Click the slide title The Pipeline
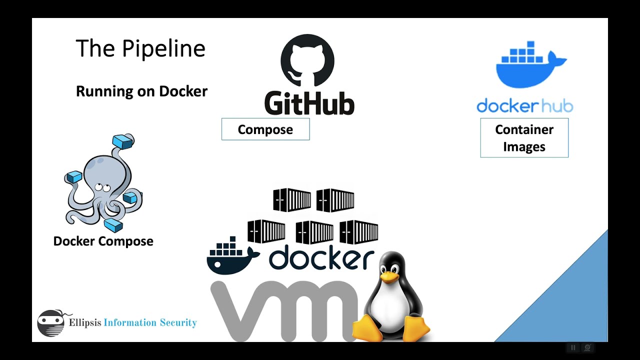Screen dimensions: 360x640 click(x=140, y=49)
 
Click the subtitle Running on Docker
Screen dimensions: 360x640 click(x=141, y=91)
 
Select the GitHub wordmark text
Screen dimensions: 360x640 click(x=309, y=103)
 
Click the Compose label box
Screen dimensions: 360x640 click(x=265, y=129)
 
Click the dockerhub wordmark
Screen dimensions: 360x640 click(x=524, y=106)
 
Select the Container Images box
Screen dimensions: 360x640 click(x=524, y=138)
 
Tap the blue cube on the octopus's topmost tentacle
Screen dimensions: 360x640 click(x=123, y=141)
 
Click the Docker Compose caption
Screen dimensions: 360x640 click(x=103, y=241)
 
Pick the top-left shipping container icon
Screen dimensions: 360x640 click(x=292, y=200)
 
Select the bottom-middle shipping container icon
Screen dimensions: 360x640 click(x=314, y=232)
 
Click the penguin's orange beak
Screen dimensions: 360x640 click(x=389, y=276)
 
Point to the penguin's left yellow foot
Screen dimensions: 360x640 click(x=370, y=327)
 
